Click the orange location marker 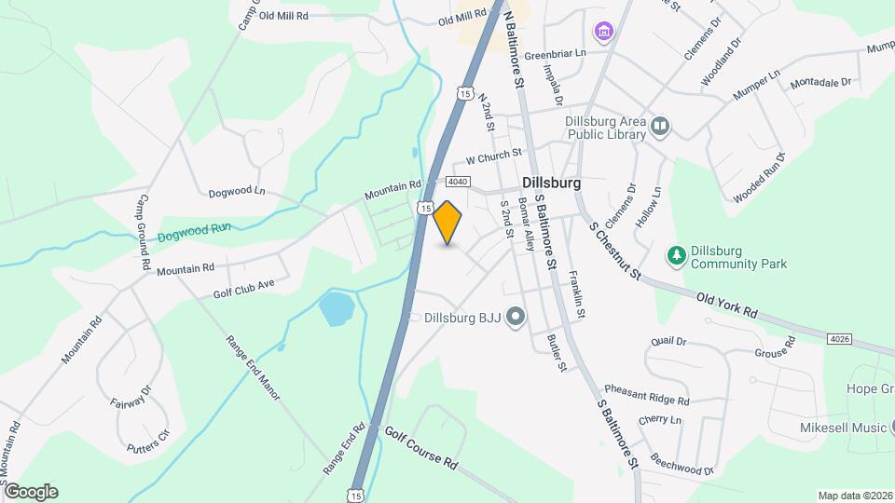tap(447, 223)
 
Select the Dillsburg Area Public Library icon tap(661, 126)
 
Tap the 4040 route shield tap(457, 182)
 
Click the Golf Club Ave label tap(244, 287)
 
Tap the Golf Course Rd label tap(421, 448)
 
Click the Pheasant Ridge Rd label tap(646, 395)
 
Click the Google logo tap(31, 491)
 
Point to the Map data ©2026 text tap(854, 496)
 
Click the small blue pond tap(337, 308)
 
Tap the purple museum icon tap(605, 33)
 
